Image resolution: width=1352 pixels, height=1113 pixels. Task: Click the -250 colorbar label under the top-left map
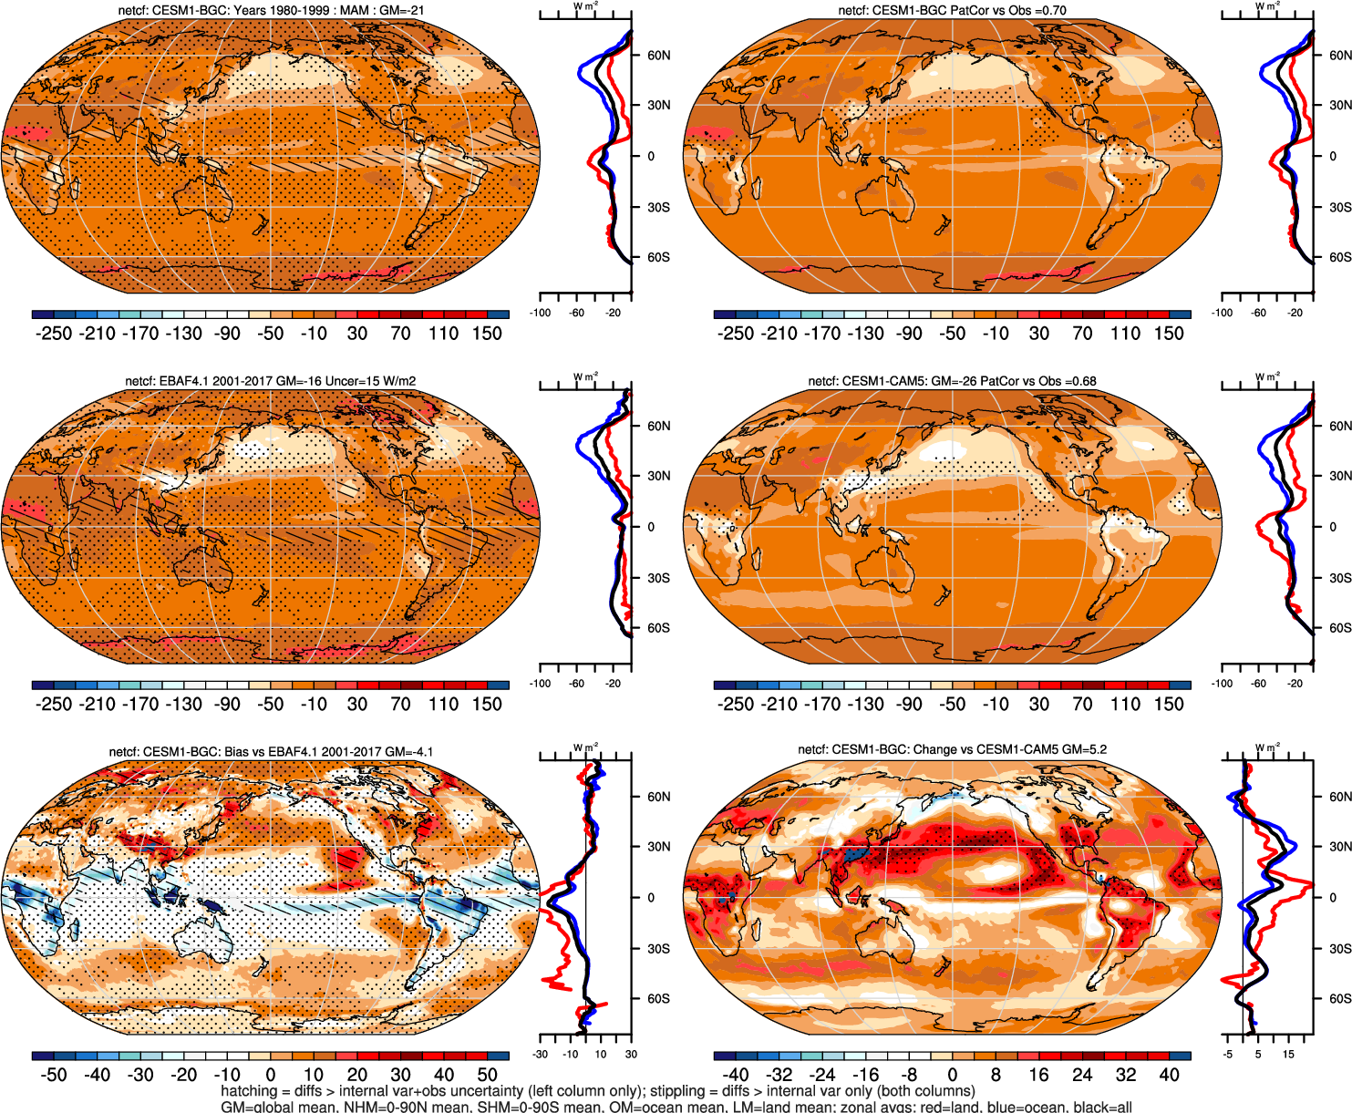53,334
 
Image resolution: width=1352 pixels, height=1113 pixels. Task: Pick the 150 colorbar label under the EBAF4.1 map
487,705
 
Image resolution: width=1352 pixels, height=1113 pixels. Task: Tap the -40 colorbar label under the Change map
735,1076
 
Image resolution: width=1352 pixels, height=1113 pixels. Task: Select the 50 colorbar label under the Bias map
487,1076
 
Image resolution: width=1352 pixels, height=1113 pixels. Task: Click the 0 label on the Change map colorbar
952,1076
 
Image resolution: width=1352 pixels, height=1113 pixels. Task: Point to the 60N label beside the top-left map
658,55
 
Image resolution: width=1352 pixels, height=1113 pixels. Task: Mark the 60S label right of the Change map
1340,999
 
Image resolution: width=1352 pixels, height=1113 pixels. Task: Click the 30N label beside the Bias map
658,847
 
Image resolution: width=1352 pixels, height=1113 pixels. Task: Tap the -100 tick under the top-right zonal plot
1222,313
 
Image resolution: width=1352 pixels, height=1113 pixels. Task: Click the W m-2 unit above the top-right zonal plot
1267,6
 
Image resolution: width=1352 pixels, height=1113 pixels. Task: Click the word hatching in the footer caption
248,1091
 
